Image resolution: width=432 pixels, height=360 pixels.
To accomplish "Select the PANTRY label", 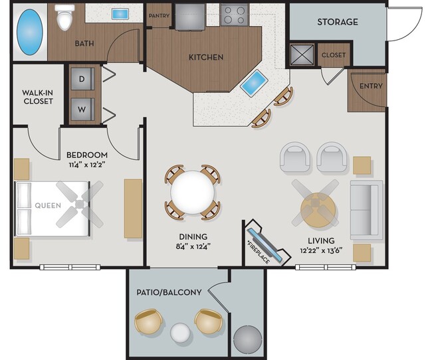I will click(159, 16).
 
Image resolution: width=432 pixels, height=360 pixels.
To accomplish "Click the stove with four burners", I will click(235, 14).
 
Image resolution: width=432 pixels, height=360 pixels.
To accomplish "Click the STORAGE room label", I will click(337, 22).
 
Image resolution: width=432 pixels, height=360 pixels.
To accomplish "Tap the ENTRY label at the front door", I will click(370, 86).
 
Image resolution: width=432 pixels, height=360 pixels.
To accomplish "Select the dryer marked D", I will click(82, 78).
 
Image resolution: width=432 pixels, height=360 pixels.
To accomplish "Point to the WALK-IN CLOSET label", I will click(37, 96).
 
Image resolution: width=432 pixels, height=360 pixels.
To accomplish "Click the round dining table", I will click(193, 192).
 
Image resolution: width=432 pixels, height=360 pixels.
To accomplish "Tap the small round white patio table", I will click(181, 331).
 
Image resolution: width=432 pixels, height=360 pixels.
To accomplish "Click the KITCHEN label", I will click(206, 57).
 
